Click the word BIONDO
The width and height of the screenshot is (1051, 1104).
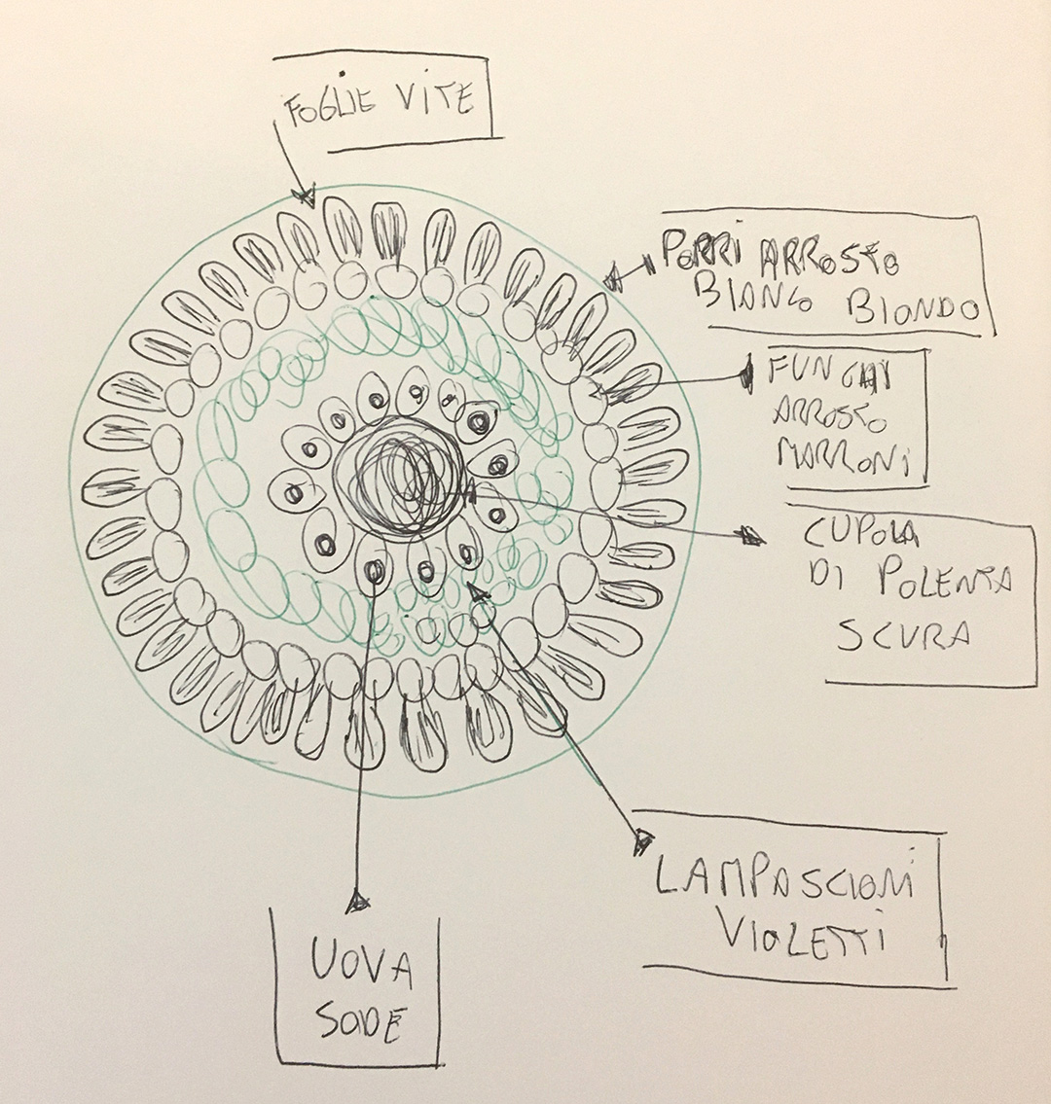point(913,308)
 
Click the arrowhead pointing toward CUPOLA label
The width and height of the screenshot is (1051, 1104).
point(750,535)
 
